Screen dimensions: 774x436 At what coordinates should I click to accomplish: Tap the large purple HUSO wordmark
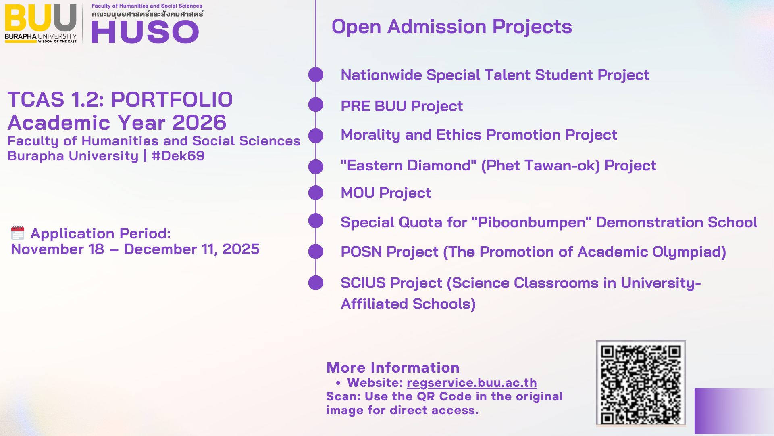(x=145, y=32)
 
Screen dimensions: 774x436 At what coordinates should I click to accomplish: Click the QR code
(x=641, y=383)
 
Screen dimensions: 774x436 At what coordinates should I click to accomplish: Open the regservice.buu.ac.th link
(x=472, y=383)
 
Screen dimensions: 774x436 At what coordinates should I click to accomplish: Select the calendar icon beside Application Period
(x=18, y=233)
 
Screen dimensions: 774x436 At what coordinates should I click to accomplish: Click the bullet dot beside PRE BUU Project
(x=316, y=105)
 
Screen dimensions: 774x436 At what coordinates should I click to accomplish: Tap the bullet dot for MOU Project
(x=316, y=193)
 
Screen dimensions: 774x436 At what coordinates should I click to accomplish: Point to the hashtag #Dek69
(x=178, y=156)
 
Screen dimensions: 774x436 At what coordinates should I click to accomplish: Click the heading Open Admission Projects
(x=451, y=27)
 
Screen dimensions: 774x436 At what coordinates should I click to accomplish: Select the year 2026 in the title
(x=200, y=122)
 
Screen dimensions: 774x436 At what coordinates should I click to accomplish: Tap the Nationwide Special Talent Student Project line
(x=495, y=75)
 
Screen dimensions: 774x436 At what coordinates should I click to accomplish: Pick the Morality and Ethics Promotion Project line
(x=479, y=135)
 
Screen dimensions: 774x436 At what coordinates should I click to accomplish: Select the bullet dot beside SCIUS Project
(x=316, y=283)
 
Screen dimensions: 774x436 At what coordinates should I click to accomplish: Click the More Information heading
(x=393, y=368)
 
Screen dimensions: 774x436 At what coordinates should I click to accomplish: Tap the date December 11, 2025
(x=191, y=249)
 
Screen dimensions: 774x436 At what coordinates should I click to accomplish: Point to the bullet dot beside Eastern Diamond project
(x=316, y=167)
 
